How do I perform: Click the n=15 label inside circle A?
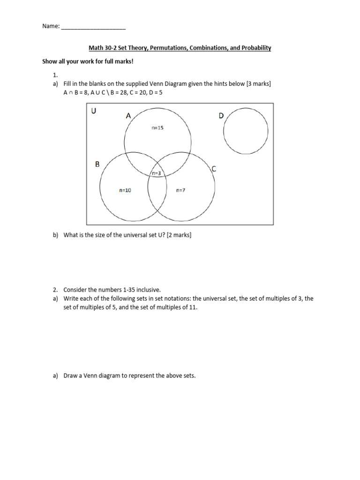tap(157, 127)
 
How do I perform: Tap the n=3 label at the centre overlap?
tap(156, 173)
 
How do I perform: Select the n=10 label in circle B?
tap(125, 190)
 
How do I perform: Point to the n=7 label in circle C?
tap(181, 190)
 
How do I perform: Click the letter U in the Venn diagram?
tap(94, 111)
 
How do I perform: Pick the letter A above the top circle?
tap(128, 116)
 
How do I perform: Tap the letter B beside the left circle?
tap(97, 165)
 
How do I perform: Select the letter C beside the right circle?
tap(214, 169)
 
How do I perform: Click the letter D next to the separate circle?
tap(221, 116)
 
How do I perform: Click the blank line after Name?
tap(93, 27)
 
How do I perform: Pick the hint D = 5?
tap(157, 92)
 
